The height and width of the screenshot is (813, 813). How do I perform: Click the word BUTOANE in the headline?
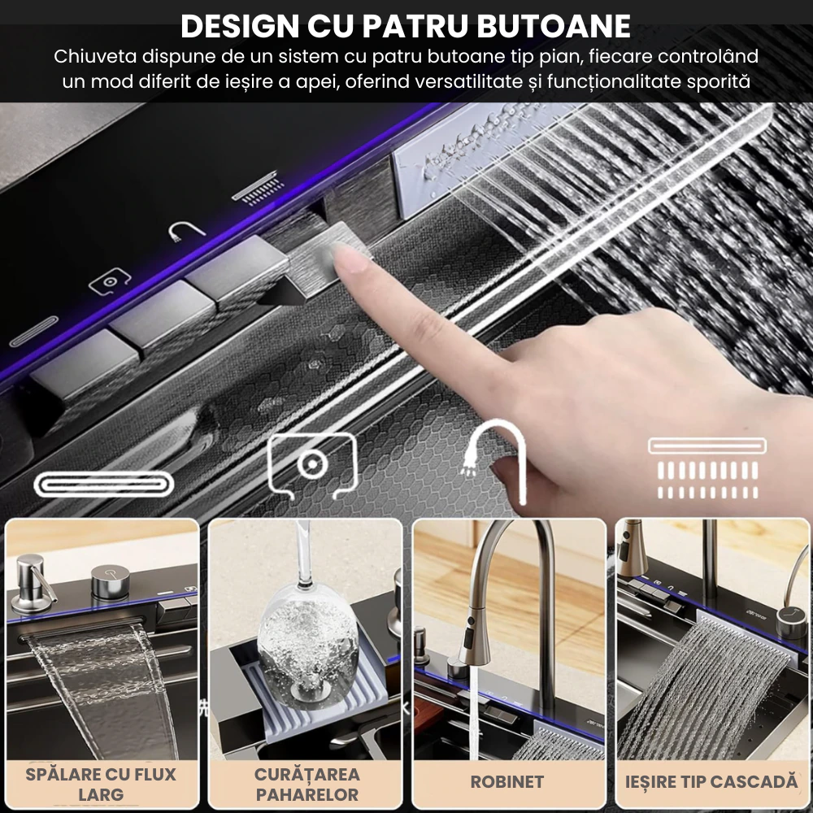[553, 26]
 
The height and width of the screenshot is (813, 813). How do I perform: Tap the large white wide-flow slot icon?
[103, 485]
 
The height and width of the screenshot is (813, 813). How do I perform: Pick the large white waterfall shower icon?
[707, 469]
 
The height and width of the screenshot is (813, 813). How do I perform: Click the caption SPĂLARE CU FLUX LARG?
[101, 784]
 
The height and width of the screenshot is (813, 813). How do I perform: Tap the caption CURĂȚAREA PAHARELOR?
[307, 784]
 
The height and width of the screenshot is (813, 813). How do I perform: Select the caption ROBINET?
[506, 782]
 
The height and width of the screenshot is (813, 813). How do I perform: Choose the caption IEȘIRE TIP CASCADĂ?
[711, 782]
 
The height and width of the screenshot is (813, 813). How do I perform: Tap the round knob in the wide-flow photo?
[111, 582]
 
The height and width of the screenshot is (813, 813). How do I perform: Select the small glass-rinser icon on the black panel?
[110, 281]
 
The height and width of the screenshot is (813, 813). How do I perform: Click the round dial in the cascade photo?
[790, 620]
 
